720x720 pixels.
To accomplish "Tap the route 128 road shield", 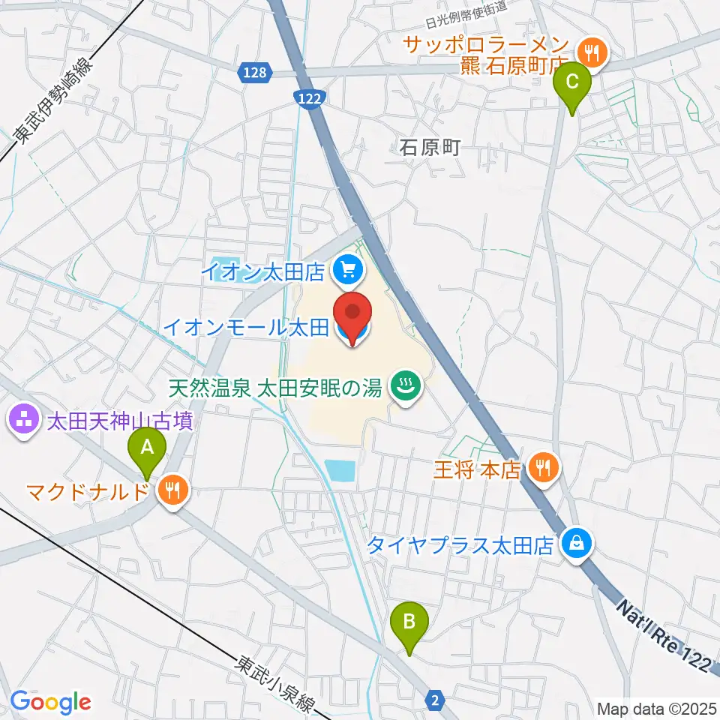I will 255,72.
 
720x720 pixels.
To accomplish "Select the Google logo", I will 50,702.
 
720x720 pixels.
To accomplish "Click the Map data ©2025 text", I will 657,708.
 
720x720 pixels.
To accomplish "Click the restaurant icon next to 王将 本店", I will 541,469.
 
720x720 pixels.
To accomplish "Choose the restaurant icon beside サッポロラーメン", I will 593,52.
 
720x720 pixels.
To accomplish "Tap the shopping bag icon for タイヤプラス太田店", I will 576,543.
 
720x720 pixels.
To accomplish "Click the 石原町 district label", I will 428,147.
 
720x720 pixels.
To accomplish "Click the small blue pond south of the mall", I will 341,471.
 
